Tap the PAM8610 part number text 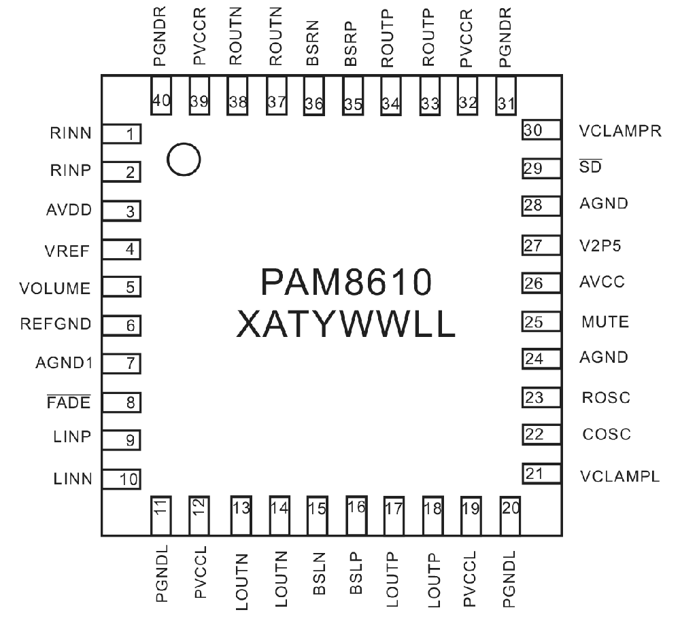pos(346,282)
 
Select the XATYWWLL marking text pos(345,324)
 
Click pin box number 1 pos(122,134)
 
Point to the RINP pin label pos(71,171)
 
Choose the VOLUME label pos(54,288)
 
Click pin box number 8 pos(122,402)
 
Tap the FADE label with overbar pos(69,402)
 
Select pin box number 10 pos(122,479)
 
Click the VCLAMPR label pos(620,131)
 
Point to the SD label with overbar pos(591,166)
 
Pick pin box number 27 pos(541,245)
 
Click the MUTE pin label pos(605,322)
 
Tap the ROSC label pos(606,397)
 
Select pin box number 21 pos(542,474)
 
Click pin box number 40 pos(161,96)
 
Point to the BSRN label pos(313,43)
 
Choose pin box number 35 pos(353,96)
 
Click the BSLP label pos(356,573)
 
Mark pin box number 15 pos(318,516)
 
